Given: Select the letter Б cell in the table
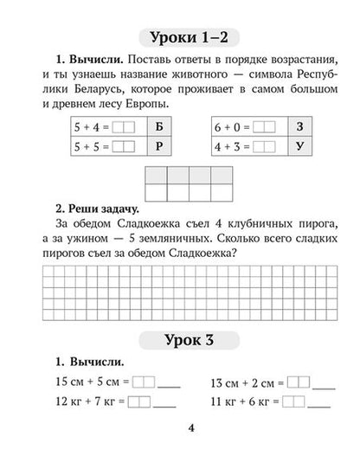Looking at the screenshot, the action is tap(157, 126).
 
